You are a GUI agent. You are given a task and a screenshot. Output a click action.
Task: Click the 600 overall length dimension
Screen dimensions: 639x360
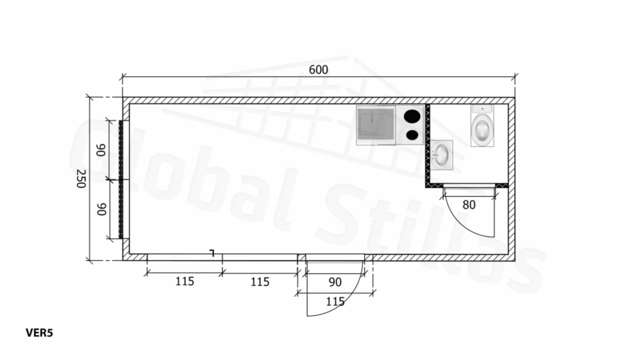click(x=318, y=70)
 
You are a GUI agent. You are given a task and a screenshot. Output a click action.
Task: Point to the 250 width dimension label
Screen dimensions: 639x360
click(x=81, y=179)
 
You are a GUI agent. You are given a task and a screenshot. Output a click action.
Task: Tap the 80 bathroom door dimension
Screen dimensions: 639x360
click(x=469, y=205)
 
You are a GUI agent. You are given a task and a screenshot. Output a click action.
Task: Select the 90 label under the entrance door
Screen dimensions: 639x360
click(x=335, y=281)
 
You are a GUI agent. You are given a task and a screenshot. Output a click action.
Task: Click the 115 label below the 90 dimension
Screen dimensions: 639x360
click(x=335, y=302)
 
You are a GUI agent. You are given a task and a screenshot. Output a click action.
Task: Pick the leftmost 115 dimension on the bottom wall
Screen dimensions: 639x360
click(x=184, y=281)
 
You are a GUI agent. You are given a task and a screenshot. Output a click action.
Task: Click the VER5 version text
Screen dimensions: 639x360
click(x=39, y=333)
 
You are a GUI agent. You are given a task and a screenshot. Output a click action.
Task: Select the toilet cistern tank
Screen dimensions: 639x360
click(x=483, y=109)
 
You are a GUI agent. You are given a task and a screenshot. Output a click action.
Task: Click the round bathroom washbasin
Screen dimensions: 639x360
click(x=441, y=155)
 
